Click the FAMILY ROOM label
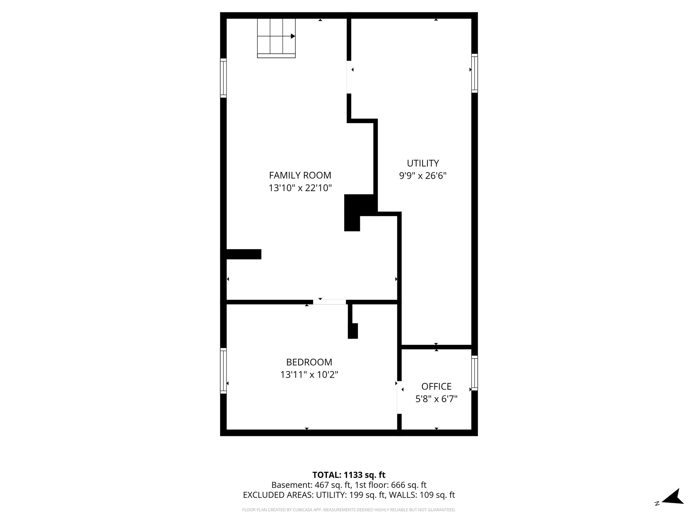point(300,175)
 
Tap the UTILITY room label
point(423,163)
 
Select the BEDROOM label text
point(309,362)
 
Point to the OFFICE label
point(436,387)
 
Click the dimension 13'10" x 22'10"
point(300,188)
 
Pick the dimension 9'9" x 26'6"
point(423,176)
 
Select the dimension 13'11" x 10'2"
point(309,375)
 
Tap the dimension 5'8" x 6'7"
point(436,399)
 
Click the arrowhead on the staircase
point(293,36)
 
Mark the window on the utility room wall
point(474,73)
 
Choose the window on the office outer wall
point(474,373)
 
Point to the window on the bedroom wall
point(223,370)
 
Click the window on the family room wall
point(223,78)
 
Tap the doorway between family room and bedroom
point(329,302)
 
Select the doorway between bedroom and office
point(399,398)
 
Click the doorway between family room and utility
point(349,77)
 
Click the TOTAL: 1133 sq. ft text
point(349,475)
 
